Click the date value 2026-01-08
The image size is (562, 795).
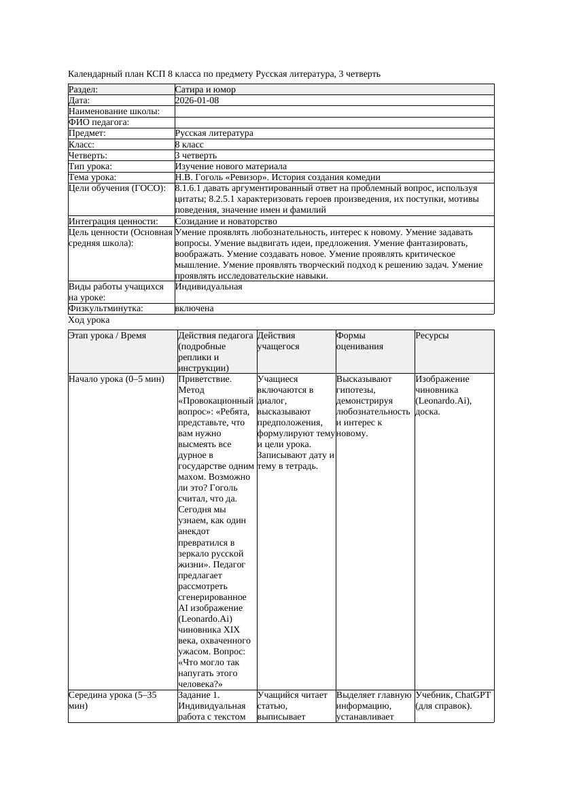coord(197,101)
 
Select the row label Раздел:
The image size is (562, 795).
coord(84,90)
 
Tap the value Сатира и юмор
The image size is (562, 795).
coord(205,90)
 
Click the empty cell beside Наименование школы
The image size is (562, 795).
coord(334,111)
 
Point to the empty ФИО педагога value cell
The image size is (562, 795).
coord(334,122)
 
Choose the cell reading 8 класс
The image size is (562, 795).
coord(190,145)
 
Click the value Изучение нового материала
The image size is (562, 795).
coord(230,166)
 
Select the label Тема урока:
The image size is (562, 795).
coord(92,177)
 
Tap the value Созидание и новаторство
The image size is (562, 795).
coord(226,222)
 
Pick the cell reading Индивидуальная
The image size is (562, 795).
coord(209,287)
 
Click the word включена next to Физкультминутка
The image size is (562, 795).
coord(194,308)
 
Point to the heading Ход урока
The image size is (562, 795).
coord(89,320)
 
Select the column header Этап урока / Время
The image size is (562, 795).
coord(107,336)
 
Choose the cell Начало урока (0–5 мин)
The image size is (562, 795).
coord(116,379)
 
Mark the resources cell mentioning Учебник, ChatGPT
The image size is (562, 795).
coord(453,701)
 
